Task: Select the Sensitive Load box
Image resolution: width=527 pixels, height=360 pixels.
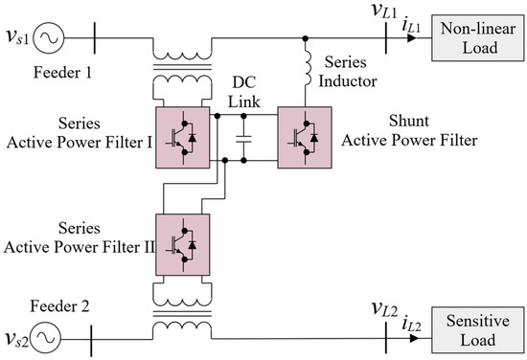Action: pos(476,328)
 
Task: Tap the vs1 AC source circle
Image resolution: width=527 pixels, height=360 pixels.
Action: pos(47,40)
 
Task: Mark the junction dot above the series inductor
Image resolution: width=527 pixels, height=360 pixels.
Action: pos(306,40)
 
